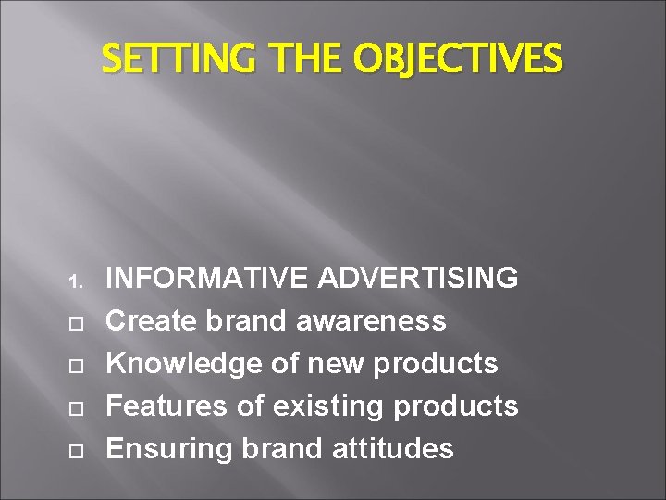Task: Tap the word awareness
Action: (372, 320)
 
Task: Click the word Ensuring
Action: (169, 448)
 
